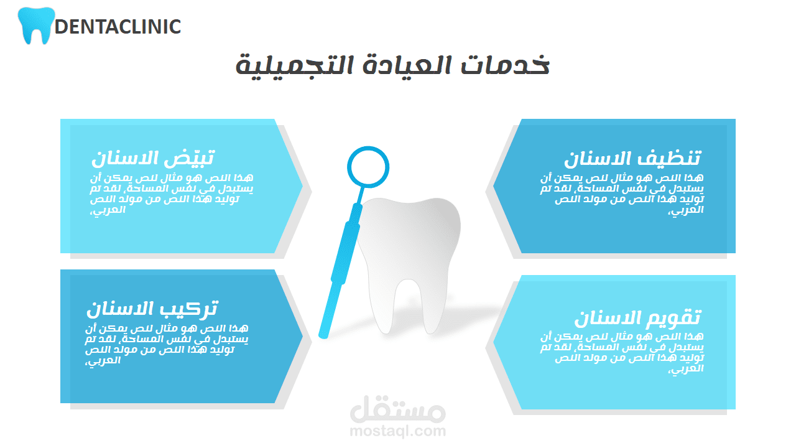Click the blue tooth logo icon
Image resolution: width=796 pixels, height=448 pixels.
pos(36,25)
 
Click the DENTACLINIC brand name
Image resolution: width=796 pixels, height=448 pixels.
pos(118,27)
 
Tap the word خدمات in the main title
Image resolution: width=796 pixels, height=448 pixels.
pos(505,64)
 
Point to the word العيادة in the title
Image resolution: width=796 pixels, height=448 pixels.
pos(407,65)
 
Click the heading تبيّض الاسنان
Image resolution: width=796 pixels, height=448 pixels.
pos(153,158)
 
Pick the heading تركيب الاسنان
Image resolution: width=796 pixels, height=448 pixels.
pos(152,309)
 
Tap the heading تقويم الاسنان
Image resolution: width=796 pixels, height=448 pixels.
pos(638,317)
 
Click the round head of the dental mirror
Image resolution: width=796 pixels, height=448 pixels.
pos(368,147)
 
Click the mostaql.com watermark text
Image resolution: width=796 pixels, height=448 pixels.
pos(397,431)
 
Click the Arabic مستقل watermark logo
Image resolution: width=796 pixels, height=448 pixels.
pos(397,408)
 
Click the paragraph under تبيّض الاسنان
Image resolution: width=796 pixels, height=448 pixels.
pos(172,194)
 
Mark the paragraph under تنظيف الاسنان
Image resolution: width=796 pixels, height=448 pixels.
pos(622,194)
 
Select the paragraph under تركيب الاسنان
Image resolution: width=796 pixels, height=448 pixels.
pos(167,344)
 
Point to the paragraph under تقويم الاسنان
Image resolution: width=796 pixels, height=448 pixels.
pos(622,353)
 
